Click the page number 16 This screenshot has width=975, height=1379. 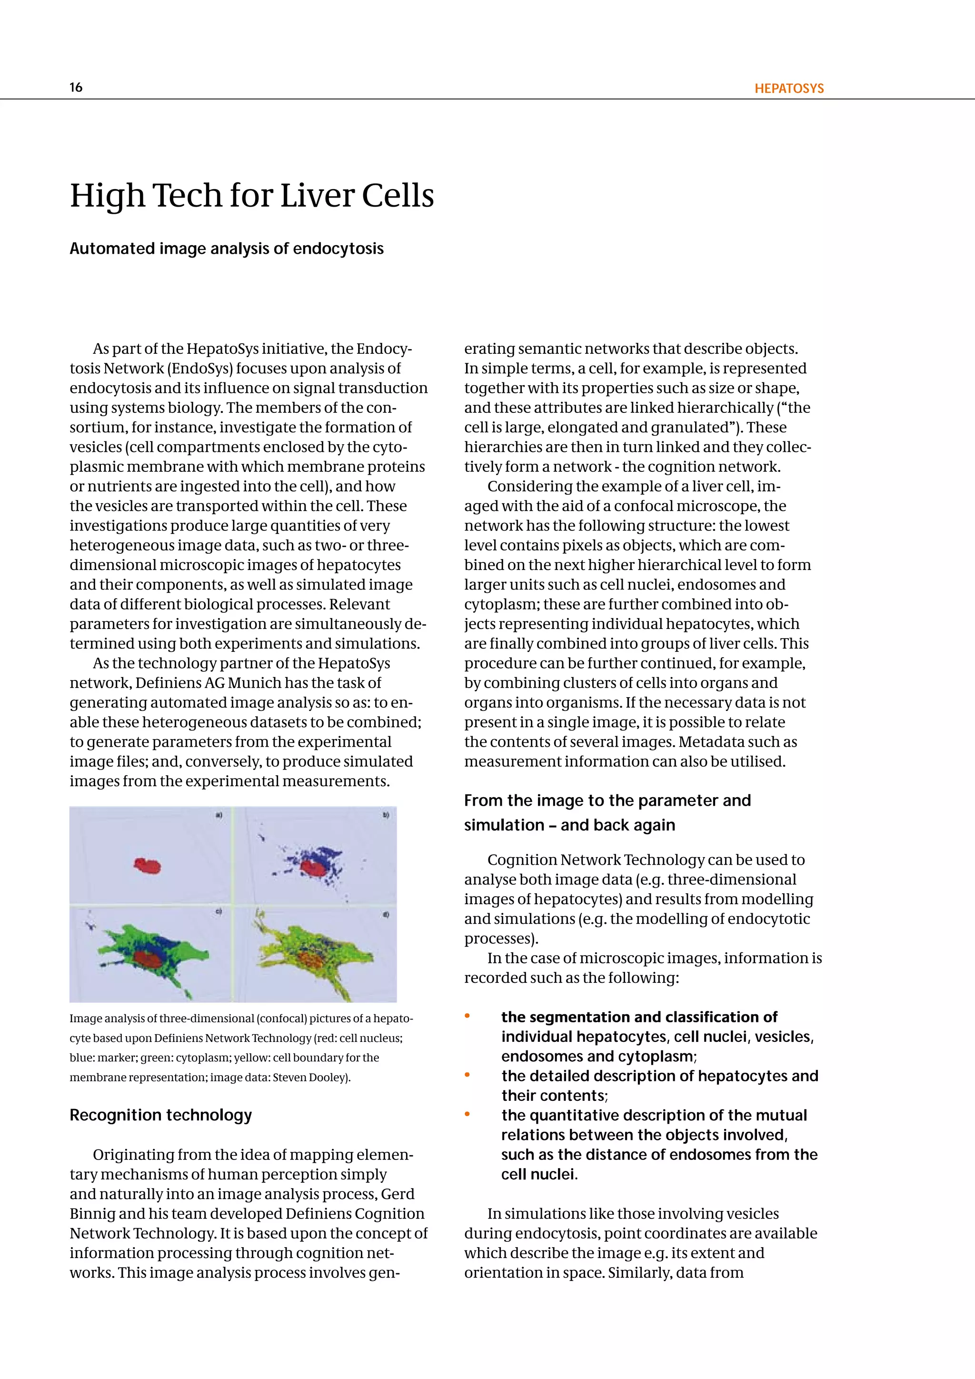(x=76, y=88)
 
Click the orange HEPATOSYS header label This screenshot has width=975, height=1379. (x=789, y=89)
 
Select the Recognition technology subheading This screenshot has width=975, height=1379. (x=161, y=1115)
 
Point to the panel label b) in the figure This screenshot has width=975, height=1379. (x=386, y=815)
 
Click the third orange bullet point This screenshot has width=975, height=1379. (x=467, y=1115)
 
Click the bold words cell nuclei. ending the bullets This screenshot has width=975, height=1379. (x=539, y=1174)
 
